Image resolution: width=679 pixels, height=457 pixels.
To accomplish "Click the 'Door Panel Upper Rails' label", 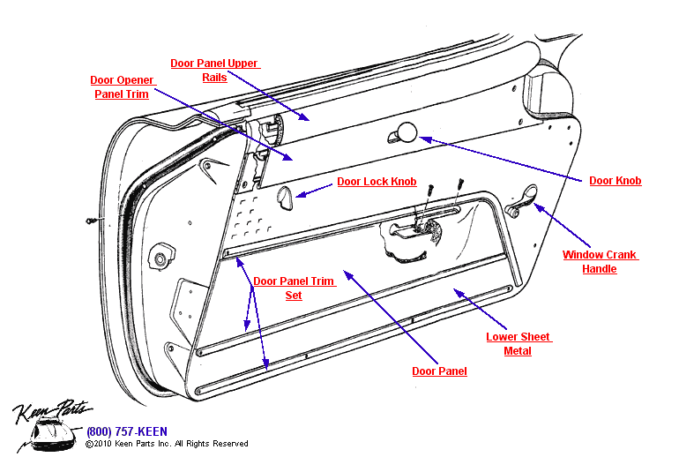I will click(215, 70).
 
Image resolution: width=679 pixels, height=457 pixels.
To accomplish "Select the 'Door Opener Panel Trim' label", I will click(122, 86).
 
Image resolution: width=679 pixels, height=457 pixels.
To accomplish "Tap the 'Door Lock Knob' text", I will click(377, 182).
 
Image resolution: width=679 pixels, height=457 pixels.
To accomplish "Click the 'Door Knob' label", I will click(615, 181).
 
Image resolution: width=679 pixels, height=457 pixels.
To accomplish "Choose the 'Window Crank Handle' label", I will click(600, 262).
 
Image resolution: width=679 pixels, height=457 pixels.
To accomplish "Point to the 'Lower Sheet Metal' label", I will click(518, 343).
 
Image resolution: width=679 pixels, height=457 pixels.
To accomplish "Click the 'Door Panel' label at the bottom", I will click(439, 371).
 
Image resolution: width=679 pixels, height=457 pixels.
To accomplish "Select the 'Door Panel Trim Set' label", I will click(294, 288).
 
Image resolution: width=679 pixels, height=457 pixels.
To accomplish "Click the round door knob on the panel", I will click(406, 132).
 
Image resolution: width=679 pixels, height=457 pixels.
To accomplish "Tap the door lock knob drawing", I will click(286, 199).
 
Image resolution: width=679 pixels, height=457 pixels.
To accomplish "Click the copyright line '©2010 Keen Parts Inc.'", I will click(167, 444).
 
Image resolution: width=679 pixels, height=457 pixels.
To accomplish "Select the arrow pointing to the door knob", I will click(504, 159).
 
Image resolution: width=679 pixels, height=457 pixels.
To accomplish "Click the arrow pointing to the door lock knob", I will click(314, 189).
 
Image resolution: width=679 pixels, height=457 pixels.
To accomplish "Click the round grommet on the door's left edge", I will click(160, 259).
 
